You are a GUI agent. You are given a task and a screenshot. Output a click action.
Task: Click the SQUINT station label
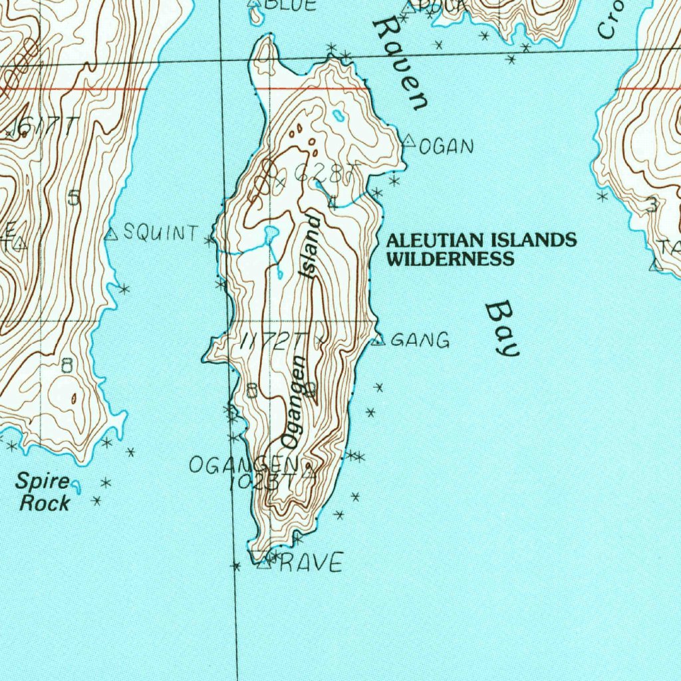[161, 233]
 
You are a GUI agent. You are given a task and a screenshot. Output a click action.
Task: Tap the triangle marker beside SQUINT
[112, 233]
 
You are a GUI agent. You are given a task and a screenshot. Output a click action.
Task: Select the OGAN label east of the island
[446, 146]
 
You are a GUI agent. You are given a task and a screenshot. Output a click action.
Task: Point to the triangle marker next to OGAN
[409, 140]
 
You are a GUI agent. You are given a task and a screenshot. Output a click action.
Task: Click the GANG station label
[420, 341]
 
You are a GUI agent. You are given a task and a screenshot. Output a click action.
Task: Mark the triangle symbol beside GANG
[378, 340]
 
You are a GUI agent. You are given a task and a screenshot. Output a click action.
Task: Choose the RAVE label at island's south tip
[311, 563]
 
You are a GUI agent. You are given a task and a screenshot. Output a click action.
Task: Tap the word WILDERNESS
[450, 259]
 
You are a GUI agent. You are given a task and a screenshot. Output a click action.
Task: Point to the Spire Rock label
[44, 492]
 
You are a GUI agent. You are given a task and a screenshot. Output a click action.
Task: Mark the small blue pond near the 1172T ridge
[270, 233]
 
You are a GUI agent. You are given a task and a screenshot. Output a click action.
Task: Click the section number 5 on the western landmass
[74, 198]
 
